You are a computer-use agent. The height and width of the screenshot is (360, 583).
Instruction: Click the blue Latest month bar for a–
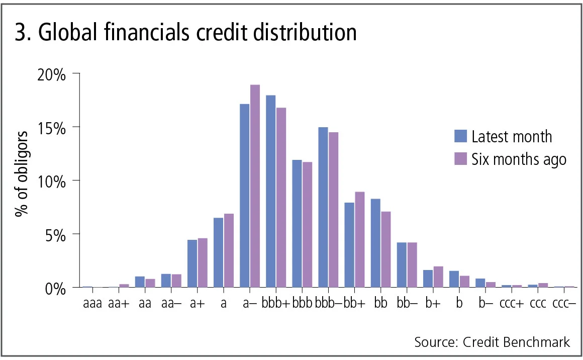(x=245, y=196)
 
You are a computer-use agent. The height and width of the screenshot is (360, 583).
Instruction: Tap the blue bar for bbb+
(x=271, y=191)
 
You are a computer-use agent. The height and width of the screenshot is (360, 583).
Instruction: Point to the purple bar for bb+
(x=359, y=239)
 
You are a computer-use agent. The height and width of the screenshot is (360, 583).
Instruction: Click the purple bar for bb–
(x=412, y=264)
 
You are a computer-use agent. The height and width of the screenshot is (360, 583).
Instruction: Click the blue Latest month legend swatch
(x=461, y=136)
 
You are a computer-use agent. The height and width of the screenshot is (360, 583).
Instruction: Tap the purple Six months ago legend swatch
(x=461, y=159)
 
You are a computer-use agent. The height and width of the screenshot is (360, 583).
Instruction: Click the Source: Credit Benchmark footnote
(x=492, y=342)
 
